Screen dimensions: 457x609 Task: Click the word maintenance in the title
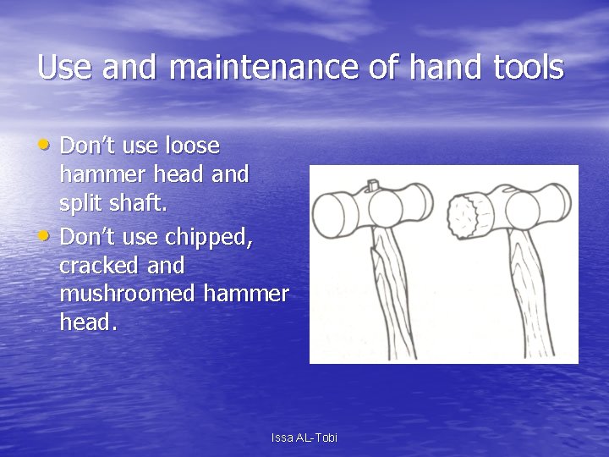tap(266, 67)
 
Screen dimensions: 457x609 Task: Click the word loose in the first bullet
tap(190, 146)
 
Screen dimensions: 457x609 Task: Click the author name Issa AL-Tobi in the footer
tap(304, 438)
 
